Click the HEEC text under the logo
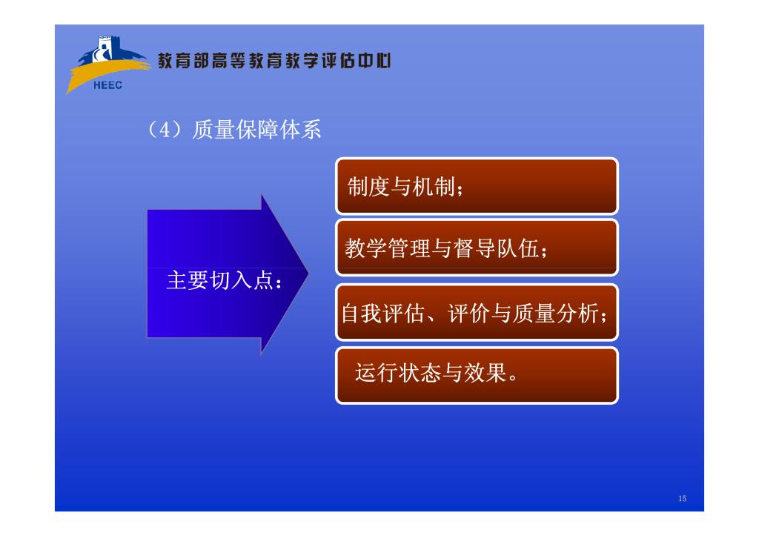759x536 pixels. point(107,85)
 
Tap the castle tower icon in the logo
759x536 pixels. point(104,48)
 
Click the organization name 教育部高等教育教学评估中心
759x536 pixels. point(274,61)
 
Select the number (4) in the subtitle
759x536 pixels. point(165,130)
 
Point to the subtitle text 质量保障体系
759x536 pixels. point(256,130)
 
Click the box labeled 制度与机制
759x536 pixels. point(477,186)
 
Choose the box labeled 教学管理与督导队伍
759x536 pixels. point(477,248)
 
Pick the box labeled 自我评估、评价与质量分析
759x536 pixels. point(477,312)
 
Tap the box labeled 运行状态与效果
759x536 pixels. point(477,375)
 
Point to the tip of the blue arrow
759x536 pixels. point(308,274)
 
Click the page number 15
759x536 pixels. point(682,498)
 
